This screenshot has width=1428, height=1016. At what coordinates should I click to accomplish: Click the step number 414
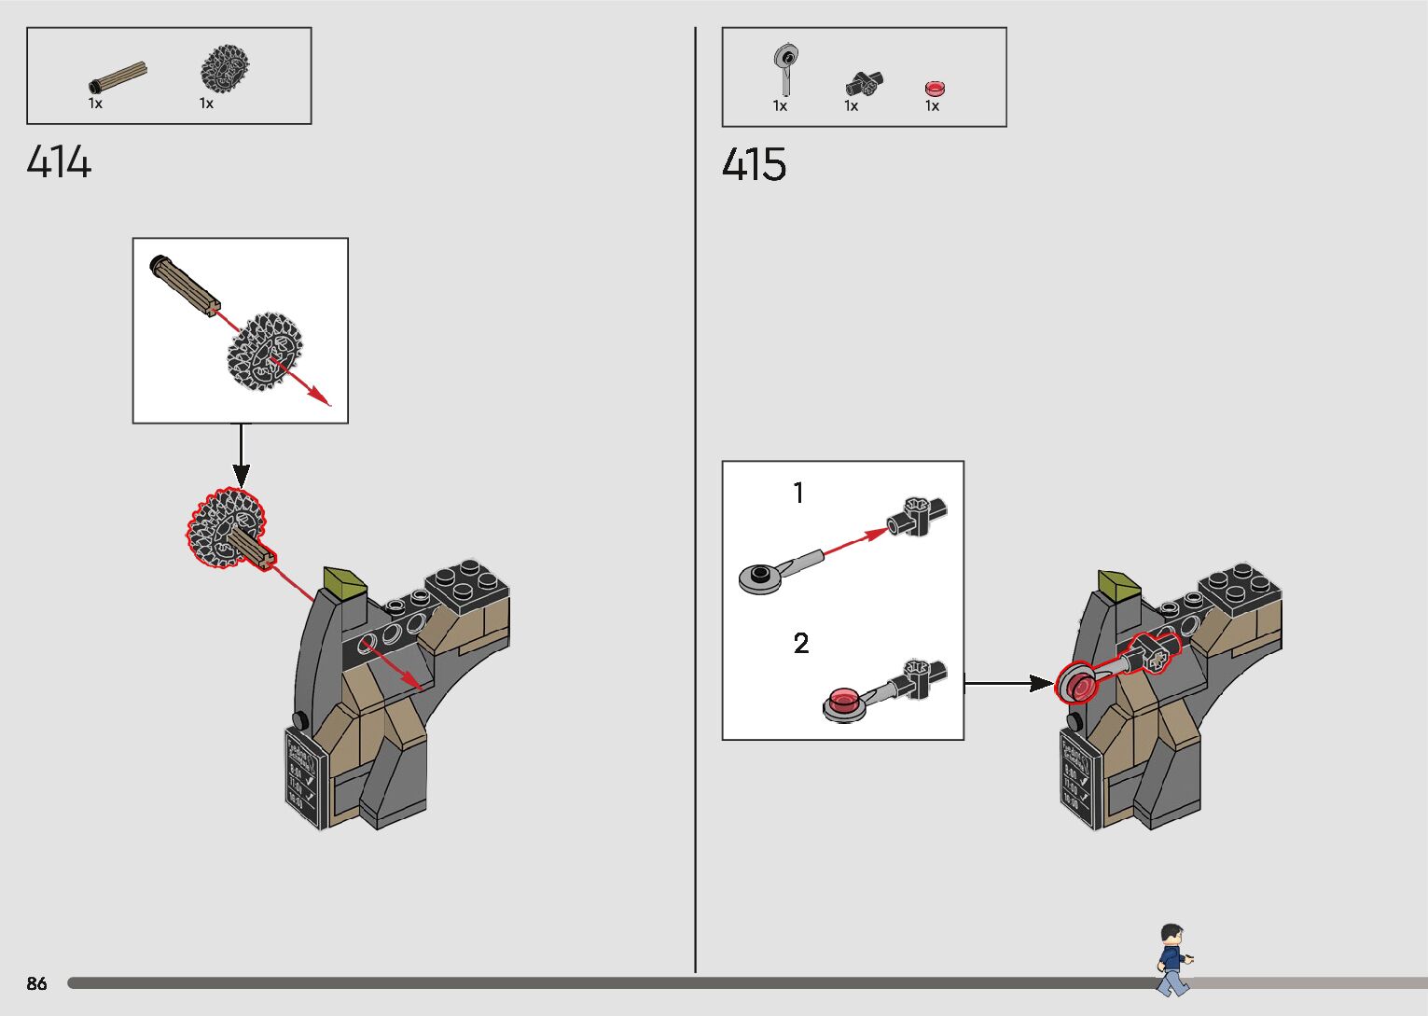(x=59, y=162)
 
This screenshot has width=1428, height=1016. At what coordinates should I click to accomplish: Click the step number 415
(x=754, y=165)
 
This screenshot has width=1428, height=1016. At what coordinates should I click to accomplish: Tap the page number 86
(x=36, y=983)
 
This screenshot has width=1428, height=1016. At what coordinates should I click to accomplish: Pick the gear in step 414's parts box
(x=225, y=69)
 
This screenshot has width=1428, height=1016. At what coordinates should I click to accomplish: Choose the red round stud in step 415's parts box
(x=935, y=89)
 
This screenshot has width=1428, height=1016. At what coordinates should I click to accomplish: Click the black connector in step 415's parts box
(x=865, y=84)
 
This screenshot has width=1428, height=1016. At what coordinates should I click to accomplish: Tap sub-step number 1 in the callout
(x=798, y=493)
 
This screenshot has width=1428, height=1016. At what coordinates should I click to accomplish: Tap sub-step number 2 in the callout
(x=800, y=643)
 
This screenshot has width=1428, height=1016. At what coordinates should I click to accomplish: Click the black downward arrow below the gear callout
(x=241, y=457)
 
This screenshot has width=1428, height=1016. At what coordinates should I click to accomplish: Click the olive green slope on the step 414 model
(x=344, y=579)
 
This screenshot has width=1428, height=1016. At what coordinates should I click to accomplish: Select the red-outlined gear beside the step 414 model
(x=225, y=529)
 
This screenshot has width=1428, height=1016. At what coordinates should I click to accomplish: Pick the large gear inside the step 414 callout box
(x=265, y=352)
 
